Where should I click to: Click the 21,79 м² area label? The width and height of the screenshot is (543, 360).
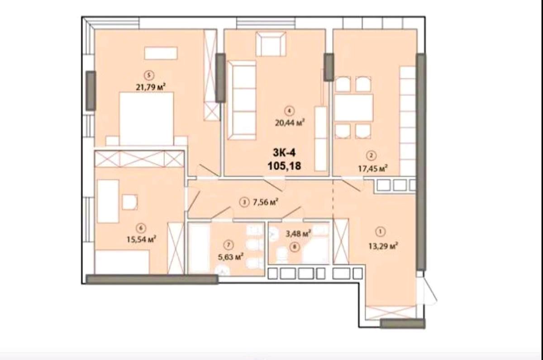click(151, 87)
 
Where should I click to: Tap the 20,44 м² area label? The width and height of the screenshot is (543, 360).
click(290, 123)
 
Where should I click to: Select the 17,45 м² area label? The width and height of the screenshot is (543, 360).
click(373, 168)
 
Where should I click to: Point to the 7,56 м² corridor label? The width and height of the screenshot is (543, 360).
click(265, 202)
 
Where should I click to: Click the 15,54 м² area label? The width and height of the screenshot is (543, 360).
click(141, 239)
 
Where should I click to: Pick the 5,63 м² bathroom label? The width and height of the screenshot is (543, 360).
click(231, 257)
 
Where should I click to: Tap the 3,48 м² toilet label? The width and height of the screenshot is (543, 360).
click(298, 234)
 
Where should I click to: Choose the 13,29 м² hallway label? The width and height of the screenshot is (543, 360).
click(383, 246)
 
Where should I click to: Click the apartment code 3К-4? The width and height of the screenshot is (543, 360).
click(284, 153)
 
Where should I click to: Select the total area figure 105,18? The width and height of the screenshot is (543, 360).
click(284, 166)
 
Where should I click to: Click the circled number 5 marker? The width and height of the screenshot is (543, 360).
click(149, 76)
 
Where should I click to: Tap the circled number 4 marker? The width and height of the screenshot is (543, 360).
click(289, 111)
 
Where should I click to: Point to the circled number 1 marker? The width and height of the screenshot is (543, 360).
click(380, 232)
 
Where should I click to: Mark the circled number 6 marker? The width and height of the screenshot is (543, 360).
click(141, 228)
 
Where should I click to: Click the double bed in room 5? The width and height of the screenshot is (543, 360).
click(147, 118)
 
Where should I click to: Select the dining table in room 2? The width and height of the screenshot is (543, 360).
click(353, 108)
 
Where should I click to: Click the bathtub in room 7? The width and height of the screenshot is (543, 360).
click(199, 247)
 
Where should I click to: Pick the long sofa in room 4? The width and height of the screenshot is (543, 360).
click(242, 100)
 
